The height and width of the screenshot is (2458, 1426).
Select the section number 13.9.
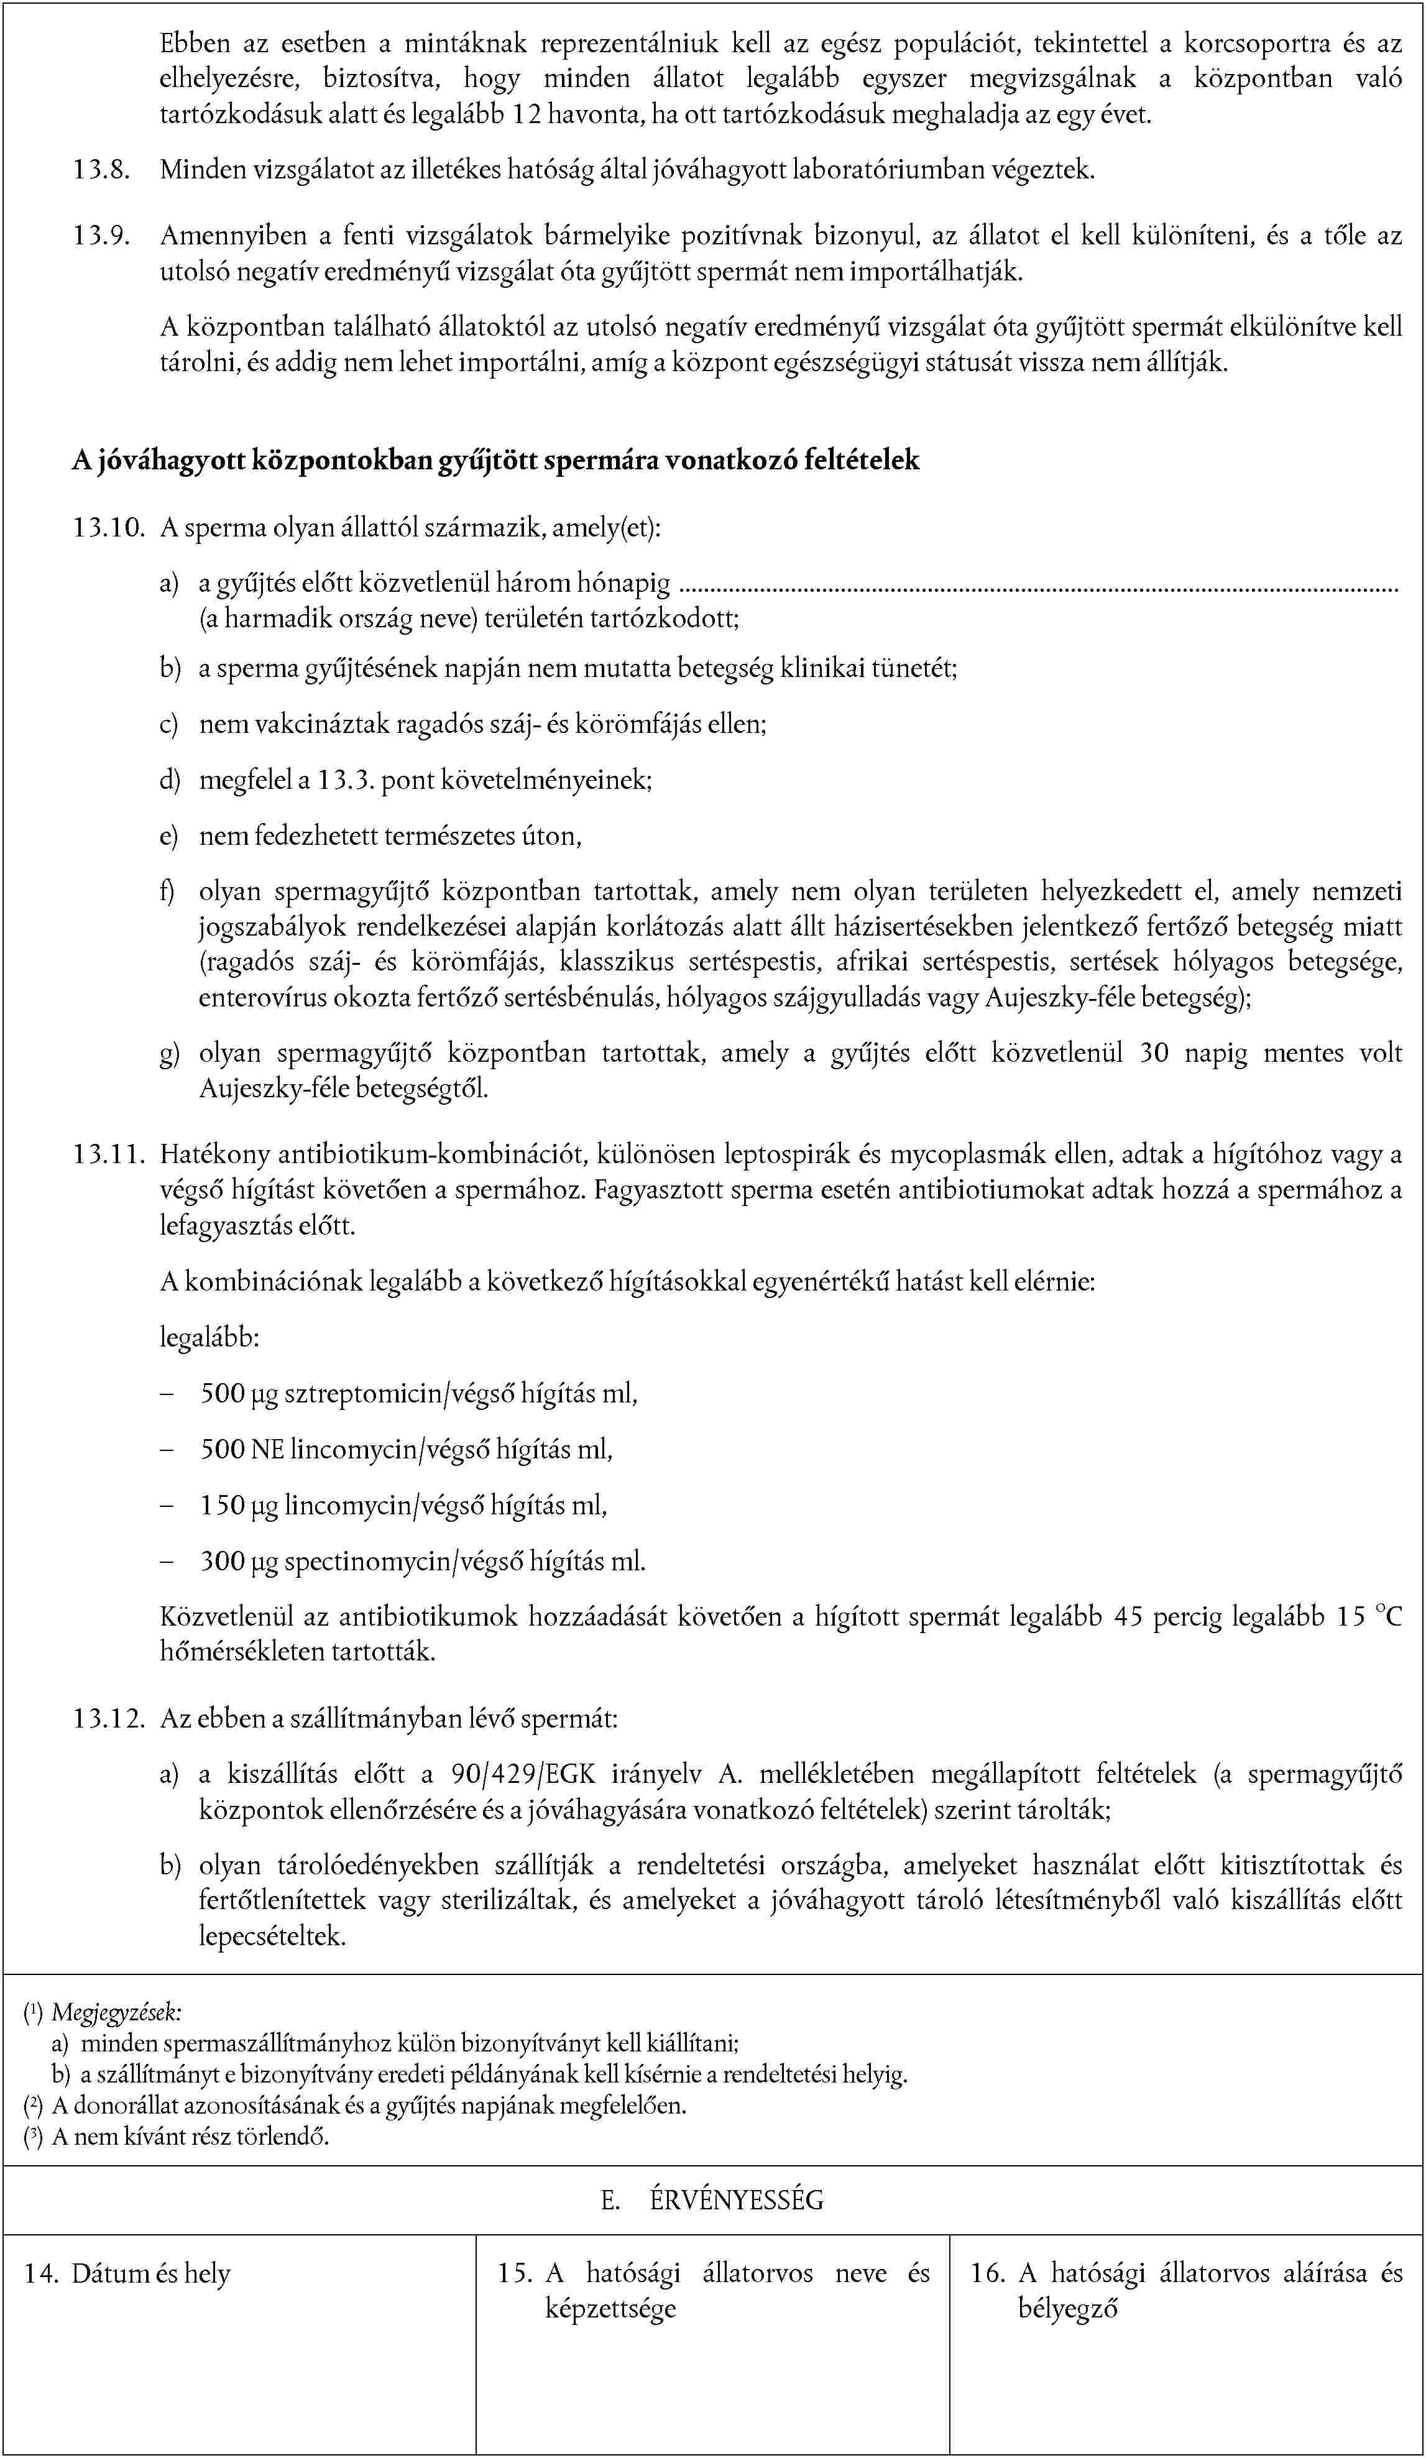101,236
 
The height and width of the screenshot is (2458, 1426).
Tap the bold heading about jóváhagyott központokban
495,459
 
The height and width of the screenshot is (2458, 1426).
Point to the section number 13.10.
108,528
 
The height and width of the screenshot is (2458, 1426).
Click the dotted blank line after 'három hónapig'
1038,587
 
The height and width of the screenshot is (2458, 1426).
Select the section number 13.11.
108,1155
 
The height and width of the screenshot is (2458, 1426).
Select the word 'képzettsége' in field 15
610,2309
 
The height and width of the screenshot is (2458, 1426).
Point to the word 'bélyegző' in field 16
1068,2309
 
